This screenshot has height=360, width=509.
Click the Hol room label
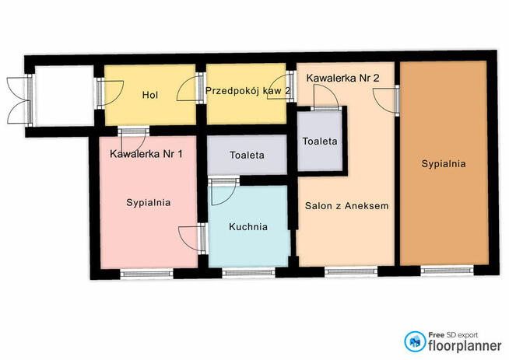pyautogui.click(x=150, y=95)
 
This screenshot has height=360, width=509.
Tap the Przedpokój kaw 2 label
pyautogui.click(x=248, y=91)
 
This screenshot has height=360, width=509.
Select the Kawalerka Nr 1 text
pyautogui.click(x=146, y=154)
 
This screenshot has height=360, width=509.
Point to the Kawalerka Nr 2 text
pyautogui.click(x=342, y=79)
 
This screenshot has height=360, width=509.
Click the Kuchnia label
pyautogui.click(x=248, y=227)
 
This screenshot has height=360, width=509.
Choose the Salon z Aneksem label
pyautogui.click(x=346, y=205)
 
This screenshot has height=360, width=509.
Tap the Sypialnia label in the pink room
pyautogui.click(x=149, y=203)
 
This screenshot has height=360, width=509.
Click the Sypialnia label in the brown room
pyautogui.click(x=444, y=164)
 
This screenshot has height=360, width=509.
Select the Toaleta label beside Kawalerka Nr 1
pyautogui.click(x=247, y=155)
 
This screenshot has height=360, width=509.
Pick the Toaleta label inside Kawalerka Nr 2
pyautogui.click(x=320, y=142)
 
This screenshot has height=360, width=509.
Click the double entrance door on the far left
pyautogui.click(x=20, y=100)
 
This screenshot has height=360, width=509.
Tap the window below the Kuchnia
pyautogui.click(x=248, y=272)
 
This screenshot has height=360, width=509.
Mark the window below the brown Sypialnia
pyautogui.click(x=447, y=270)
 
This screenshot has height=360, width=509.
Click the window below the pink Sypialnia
pyautogui.click(x=147, y=274)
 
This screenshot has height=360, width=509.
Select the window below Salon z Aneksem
pyautogui.click(x=351, y=271)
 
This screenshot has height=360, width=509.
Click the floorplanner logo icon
pyautogui.click(x=415, y=341)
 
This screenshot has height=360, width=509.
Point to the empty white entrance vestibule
pyautogui.click(x=65, y=96)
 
